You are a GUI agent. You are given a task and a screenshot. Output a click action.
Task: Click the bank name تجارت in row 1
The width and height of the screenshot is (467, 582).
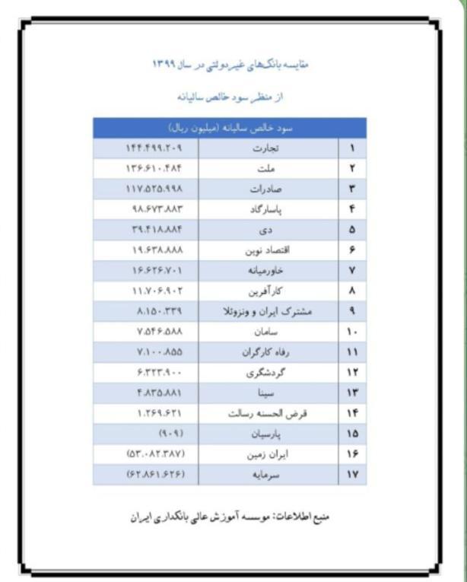(x=265, y=148)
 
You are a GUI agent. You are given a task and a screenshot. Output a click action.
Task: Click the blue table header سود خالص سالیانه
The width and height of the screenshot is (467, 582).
(x=230, y=128)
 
